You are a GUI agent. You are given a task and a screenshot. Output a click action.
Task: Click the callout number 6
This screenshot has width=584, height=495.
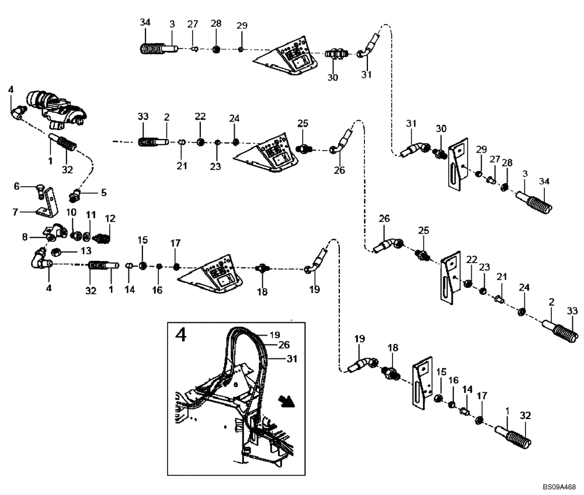click(x=17, y=186)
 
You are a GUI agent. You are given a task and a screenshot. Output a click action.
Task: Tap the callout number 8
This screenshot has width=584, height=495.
click(x=24, y=237)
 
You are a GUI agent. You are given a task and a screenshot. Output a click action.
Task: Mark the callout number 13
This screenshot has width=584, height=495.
click(x=86, y=251)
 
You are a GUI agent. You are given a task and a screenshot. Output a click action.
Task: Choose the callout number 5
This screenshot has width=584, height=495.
click(x=103, y=191)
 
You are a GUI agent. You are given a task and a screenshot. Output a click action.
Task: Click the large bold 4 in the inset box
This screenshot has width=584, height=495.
click(x=182, y=336)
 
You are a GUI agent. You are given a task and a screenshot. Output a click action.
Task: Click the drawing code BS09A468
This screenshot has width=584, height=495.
click(x=559, y=486)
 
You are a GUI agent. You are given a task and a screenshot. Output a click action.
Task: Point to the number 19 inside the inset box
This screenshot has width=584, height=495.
click(x=274, y=335)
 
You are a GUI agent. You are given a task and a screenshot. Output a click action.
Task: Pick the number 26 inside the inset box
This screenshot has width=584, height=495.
click(x=284, y=345)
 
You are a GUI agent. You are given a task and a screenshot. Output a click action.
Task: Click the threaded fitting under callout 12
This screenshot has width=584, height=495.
click(x=102, y=238)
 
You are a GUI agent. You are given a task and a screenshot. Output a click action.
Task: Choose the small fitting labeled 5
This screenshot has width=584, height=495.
click(x=77, y=194)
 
